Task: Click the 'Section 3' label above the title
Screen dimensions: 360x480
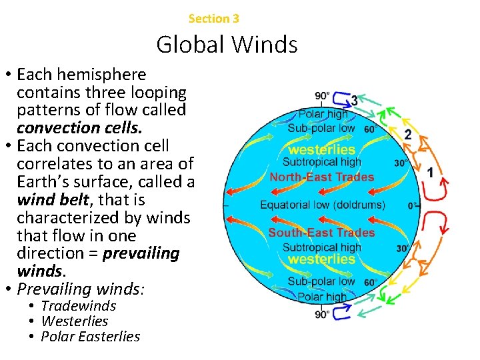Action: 214,19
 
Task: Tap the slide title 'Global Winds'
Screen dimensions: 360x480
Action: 227,45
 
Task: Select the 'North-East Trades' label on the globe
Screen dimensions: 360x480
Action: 322,177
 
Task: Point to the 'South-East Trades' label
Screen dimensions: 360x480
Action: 322,233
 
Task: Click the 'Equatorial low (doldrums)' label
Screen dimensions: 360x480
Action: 323,205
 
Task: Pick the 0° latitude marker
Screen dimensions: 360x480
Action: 414,206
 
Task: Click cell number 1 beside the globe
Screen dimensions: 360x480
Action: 430,173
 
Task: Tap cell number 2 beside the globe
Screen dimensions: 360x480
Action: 407,135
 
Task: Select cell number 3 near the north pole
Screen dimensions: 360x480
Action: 354,100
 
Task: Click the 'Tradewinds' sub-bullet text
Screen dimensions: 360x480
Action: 79,306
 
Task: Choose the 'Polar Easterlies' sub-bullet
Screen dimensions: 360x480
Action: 91,337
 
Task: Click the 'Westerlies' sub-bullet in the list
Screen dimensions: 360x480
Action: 75,321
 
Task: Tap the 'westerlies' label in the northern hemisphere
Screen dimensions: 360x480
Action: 322,149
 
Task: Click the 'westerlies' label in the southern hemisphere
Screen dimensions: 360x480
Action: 322,259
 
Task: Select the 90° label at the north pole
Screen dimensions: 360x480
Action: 322,96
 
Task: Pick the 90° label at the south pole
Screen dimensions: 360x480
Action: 322,314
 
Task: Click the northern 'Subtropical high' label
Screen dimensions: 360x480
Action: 322,162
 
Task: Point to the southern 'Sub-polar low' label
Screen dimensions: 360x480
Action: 321,282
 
